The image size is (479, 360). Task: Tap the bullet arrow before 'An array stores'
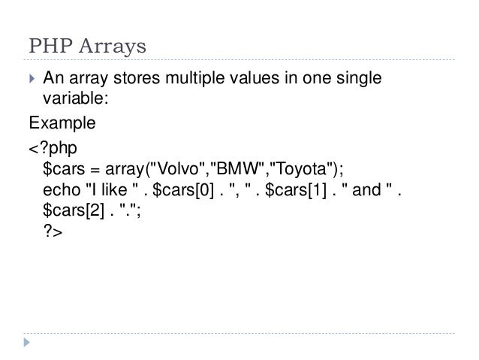32,77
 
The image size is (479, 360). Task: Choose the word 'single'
362,77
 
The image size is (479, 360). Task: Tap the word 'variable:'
71,98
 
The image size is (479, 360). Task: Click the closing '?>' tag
53,233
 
